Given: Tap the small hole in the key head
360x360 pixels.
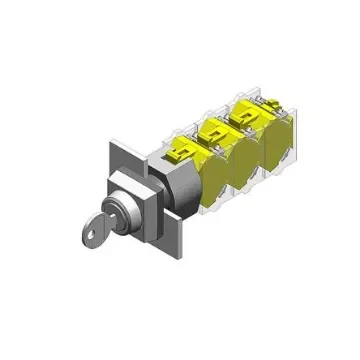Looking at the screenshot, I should click(84, 239).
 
